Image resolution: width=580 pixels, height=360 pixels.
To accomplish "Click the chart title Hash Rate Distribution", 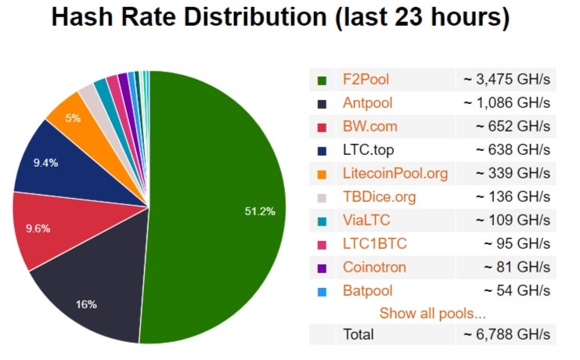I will point(279,17).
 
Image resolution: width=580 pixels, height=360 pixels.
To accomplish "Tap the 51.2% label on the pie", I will point(259,211).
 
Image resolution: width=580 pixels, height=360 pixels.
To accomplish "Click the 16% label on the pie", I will point(86,304).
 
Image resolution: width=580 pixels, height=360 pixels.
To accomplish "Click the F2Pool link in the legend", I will point(366,79).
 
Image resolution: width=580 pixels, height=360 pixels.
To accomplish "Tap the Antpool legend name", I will point(367,103).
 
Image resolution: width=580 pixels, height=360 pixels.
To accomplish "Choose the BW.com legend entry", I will point(369,126).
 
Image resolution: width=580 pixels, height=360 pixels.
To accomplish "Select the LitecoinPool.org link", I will point(394,173).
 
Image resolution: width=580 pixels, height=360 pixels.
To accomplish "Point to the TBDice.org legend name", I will point(379,196).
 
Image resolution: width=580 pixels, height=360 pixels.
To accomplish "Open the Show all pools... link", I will point(432,314).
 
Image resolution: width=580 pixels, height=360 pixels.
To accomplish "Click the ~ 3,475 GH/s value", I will point(506,79).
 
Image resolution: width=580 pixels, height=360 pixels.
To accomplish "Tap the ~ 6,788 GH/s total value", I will point(506,334).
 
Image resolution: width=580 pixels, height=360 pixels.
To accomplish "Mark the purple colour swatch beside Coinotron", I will point(322,268).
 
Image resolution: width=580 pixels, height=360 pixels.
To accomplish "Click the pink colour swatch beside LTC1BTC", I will point(322,244).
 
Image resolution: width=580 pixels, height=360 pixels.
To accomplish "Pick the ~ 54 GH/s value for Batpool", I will point(517,290).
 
